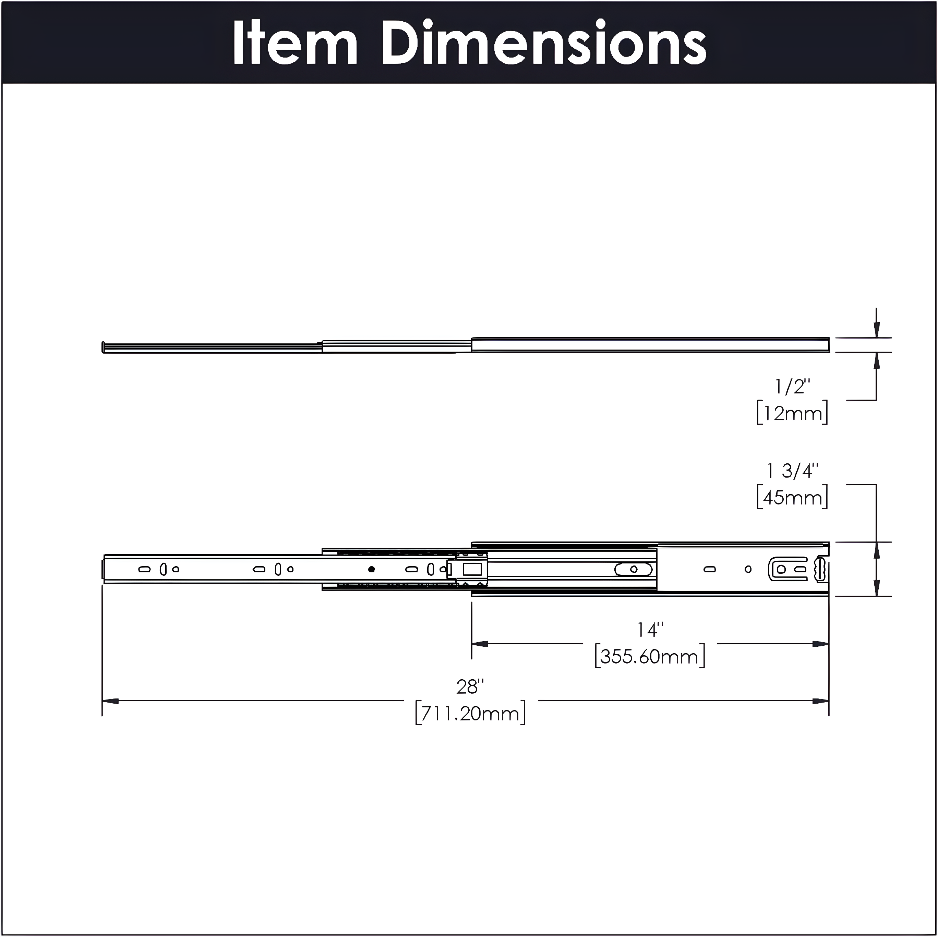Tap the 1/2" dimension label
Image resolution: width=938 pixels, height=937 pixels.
click(792, 387)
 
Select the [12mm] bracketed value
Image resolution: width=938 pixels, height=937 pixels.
click(792, 413)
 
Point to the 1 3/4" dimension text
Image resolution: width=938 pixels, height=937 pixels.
click(792, 471)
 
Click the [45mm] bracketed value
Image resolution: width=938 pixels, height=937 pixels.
click(792, 497)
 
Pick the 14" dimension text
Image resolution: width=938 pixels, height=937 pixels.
click(650, 630)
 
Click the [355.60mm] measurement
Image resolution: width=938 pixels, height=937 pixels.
click(650, 657)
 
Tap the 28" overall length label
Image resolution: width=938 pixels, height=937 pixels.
click(470, 686)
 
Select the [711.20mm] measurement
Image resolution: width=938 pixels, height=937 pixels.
click(470, 713)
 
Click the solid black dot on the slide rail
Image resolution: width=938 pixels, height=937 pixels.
click(371, 569)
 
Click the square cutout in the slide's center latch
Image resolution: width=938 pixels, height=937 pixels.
click(472, 569)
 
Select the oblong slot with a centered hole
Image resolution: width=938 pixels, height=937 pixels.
click(634, 569)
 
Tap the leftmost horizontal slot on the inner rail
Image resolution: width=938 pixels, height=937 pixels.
click(144, 569)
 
